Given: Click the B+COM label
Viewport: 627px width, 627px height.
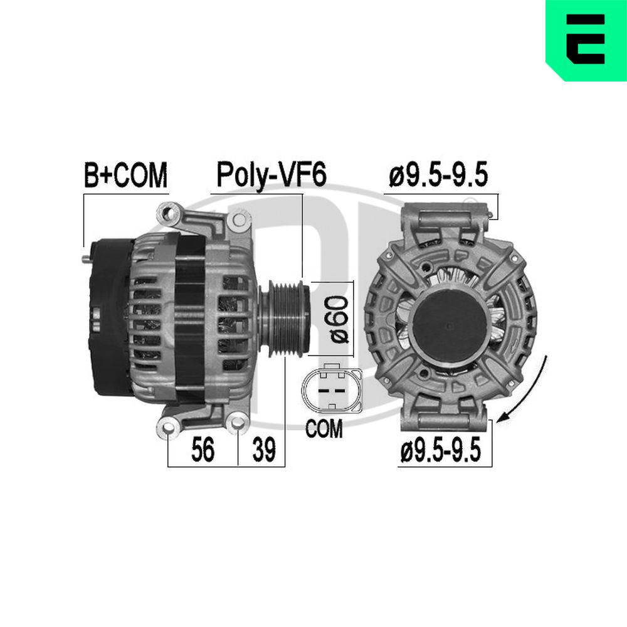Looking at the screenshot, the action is pos(125,175).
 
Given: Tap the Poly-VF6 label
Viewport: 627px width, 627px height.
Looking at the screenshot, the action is pos(271,175).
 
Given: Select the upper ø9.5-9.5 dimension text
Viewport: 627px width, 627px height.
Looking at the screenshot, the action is pos(439,175).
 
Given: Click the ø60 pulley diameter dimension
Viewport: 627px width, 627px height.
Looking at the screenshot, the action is pos(339,319).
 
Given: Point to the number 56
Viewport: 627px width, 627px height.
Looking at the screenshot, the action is pos(203,450).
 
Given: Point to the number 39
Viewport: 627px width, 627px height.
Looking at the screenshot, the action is pos(264,450).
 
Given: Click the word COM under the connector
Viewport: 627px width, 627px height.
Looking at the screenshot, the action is pos(324,429).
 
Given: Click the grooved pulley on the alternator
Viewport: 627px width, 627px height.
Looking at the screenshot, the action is pos(284,319).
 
